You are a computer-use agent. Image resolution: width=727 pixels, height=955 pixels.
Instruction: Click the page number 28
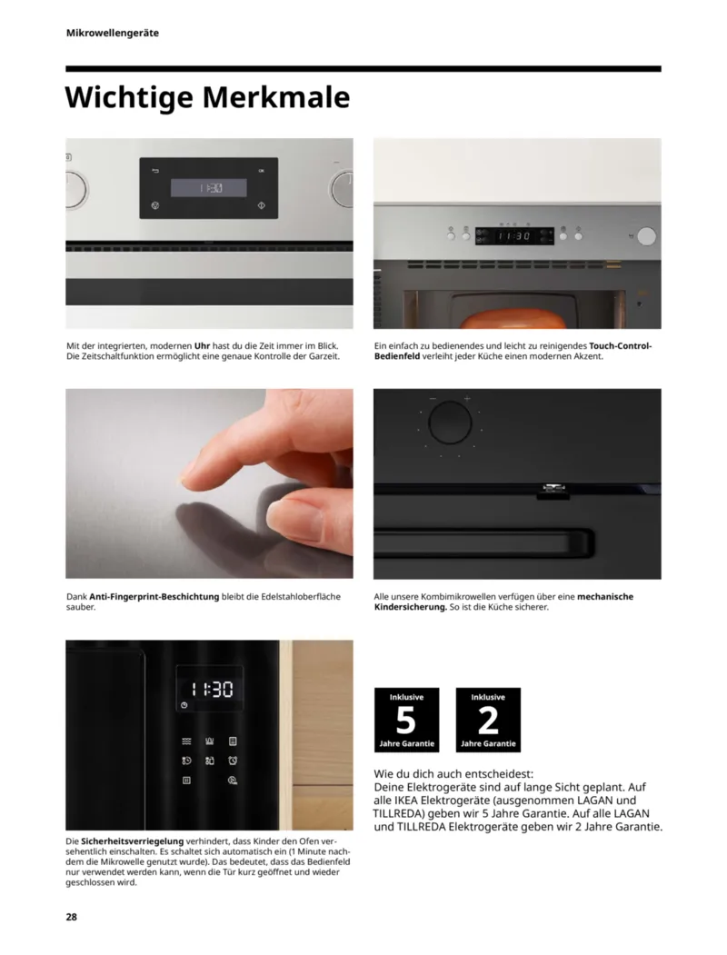coord(71,917)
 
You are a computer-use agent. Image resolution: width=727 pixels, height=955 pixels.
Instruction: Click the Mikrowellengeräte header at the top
coord(113,33)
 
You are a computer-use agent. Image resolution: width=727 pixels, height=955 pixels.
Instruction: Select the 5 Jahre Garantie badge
coord(407,720)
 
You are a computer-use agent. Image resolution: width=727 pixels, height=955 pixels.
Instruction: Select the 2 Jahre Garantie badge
coord(488,720)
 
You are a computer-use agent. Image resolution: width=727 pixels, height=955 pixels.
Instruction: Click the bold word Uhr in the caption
coord(202,346)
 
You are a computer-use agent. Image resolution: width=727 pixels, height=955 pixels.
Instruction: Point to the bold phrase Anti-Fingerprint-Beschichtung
coord(154,597)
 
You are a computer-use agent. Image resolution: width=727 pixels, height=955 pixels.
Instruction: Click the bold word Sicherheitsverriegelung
coord(132,841)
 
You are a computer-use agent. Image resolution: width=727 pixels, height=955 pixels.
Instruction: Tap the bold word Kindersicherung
coord(411,607)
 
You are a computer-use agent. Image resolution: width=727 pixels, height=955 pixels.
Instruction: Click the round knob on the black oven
coord(450,423)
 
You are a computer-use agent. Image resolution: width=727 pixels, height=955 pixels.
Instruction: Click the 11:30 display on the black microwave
coord(211,690)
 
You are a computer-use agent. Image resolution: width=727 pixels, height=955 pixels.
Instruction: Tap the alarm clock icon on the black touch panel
coord(233,761)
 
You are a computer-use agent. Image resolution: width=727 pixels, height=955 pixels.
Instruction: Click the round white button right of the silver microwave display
coord(647,235)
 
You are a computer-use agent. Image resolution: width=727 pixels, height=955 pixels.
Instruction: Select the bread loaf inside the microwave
coord(513,319)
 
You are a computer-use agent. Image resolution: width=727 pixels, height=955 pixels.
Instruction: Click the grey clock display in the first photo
coord(209,188)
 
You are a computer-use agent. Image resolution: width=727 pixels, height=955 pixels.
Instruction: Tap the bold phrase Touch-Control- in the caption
coord(621,346)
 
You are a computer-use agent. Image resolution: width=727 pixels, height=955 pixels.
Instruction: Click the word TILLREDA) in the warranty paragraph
coord(398,813)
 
